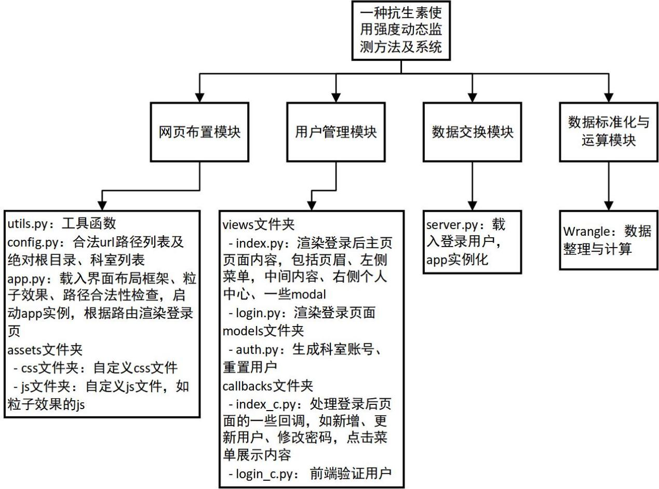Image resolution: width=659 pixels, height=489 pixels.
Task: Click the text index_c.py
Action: click(265, 404)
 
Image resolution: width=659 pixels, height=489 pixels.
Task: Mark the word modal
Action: click(308, 294)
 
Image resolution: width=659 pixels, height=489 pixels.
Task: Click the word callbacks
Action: click(247, 386)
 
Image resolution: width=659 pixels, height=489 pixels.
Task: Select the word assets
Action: click(24, 350)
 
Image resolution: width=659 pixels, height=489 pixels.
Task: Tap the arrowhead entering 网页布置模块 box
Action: click(199, 98)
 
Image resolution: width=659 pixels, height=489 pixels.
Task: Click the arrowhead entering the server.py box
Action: click(472, 206)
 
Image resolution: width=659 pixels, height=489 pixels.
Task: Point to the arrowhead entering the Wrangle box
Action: click(609, 206)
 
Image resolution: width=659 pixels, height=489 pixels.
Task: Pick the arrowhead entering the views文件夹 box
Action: click(311, 206)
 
